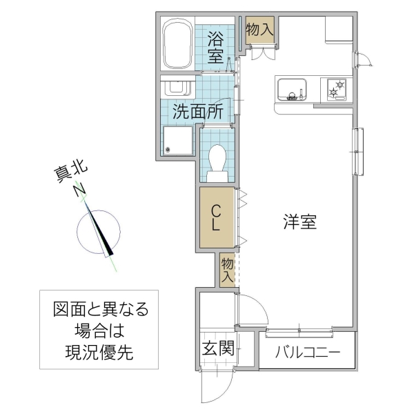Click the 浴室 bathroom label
pos(216,47)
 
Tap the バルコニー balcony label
pos(308,352)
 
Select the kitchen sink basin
pos(292,90)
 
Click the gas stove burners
pos(337,89)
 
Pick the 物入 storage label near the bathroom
pos(260,30)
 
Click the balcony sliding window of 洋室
pos(299,333)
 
